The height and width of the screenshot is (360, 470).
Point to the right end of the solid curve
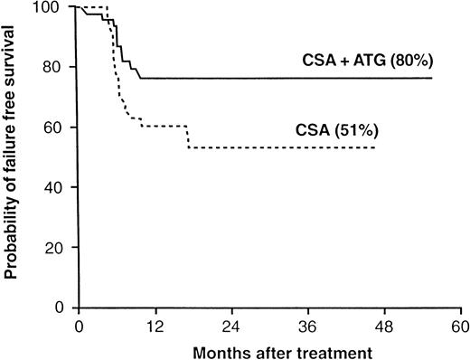coord(431,79)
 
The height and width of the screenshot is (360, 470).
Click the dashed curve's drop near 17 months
coord(188,137)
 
